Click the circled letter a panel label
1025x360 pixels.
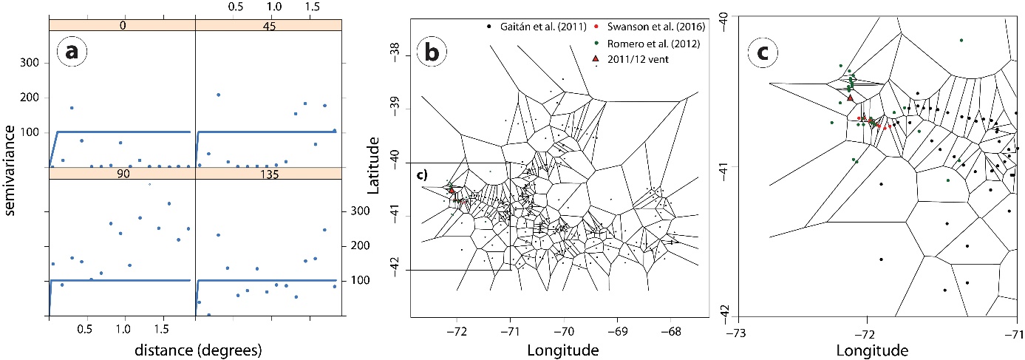[x=72, y=52]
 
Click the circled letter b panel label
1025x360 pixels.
[x=432, y=52]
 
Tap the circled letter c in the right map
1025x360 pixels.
[x=763, y=52]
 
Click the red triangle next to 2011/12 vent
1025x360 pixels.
[x=596, y=58]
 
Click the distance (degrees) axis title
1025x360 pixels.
[x=198, y=350]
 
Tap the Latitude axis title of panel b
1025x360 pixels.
[x=373, y=165]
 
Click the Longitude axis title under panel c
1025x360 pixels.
[x=872, y=350]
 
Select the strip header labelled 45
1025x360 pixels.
[x=268, y=25]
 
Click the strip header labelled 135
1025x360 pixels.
[x=268, y=174]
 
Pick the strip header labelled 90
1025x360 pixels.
[x=123, y=174]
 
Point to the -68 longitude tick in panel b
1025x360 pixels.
[x=670, y=331]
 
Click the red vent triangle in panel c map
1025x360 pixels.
[x=850, y=98]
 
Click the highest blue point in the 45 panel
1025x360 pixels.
[x=218, y=95]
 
